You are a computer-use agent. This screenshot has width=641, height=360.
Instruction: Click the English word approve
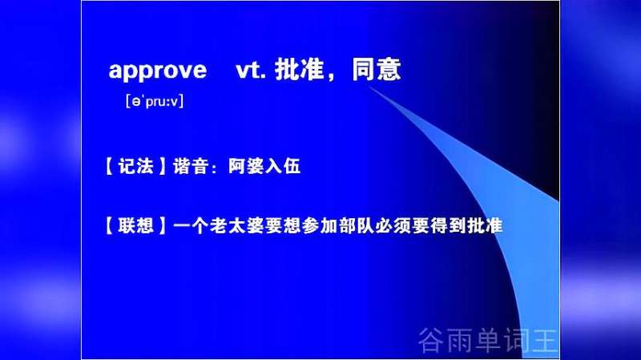coord(157,71)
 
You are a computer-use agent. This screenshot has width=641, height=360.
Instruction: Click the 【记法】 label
coord(135,167)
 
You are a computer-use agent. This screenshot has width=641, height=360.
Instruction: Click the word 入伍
coord(283,167)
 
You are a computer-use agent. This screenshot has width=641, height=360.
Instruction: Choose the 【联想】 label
coord(135,225)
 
